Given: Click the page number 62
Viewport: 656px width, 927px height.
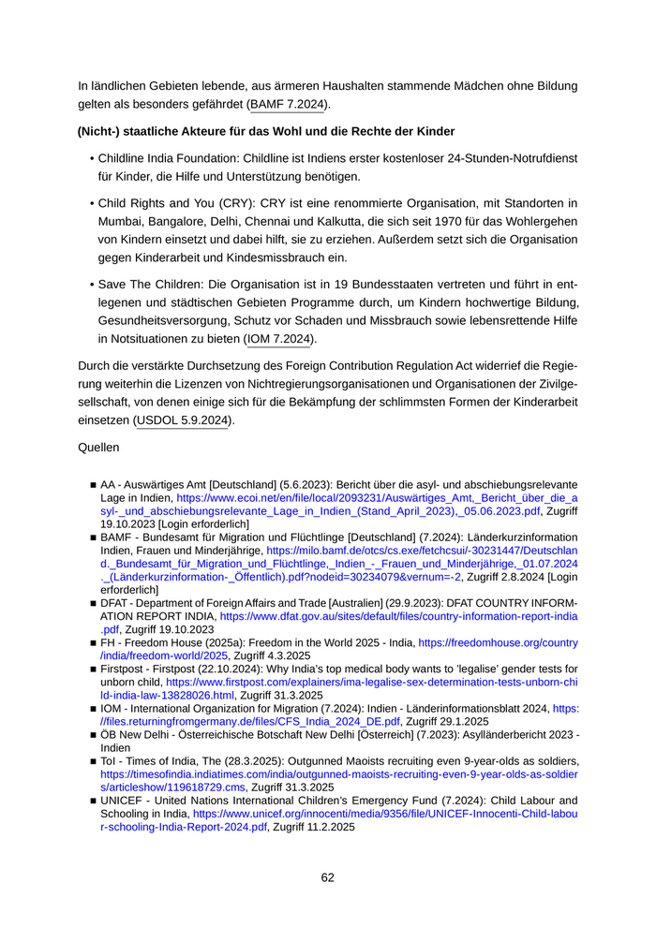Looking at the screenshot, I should click(328, 877).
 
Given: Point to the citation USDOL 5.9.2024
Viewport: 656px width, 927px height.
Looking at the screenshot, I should click(184, 420).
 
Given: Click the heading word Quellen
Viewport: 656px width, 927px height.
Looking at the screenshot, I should click(99, 448).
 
